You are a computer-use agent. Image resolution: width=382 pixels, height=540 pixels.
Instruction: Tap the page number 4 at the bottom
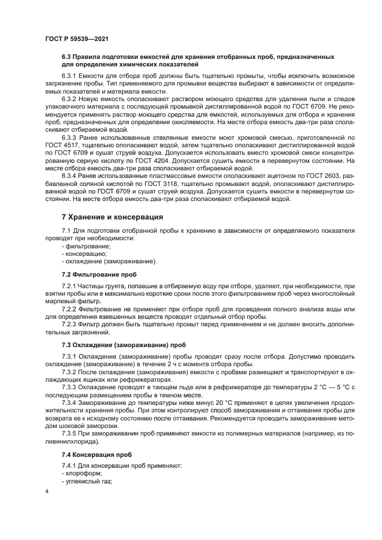click(46, 491)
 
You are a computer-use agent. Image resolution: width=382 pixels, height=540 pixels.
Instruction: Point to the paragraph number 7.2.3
click(70, 325)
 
